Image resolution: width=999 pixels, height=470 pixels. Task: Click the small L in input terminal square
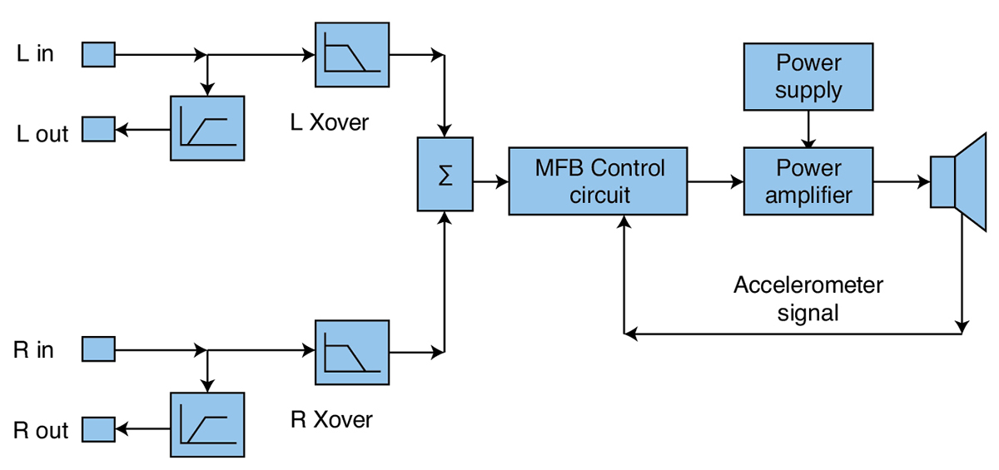[97, 55]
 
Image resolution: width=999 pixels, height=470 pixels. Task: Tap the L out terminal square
[97, 129]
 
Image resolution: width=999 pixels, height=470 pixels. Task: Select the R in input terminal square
[97, 349]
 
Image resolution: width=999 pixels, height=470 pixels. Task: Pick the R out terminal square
[97, 429]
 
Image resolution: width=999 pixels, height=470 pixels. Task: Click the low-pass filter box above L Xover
[351, 55]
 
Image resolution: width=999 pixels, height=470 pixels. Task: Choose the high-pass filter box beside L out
[207, 128]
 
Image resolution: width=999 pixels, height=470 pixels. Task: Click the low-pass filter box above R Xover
[351, 352]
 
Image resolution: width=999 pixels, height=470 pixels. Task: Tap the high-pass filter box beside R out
[207, 423]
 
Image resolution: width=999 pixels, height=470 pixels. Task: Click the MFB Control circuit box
[599, 181]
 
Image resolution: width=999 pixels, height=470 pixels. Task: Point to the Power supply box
[808, 76]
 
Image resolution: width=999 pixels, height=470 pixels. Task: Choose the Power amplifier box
[808, 181]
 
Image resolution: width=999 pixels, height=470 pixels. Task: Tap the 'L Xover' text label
[329, 123]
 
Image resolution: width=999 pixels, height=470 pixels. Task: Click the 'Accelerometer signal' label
[808, 299]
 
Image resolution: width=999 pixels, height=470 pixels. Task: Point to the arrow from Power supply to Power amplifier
[808, 129]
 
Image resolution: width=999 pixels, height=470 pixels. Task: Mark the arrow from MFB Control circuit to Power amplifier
[715, 181]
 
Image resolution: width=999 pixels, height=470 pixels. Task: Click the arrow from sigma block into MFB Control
[490, 181]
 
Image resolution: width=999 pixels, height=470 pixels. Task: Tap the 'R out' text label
[41, 431]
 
